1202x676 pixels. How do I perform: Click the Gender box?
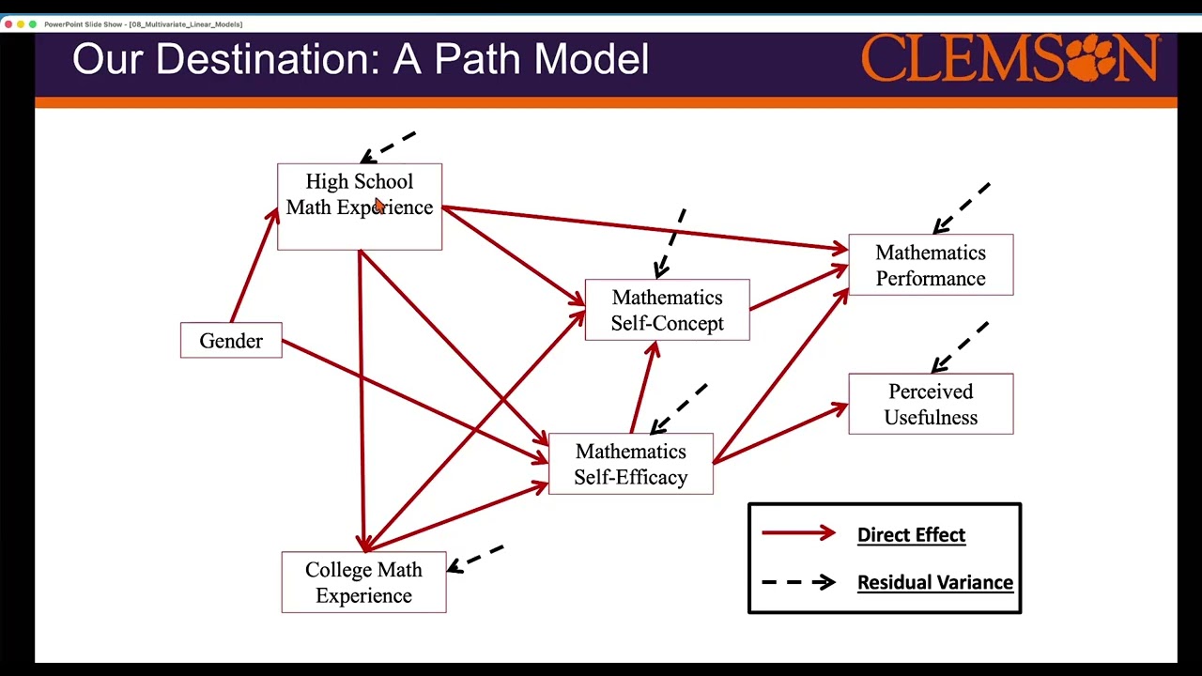[231, 341]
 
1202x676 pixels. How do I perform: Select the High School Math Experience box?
[360, 207]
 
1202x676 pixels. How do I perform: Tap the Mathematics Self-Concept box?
[667, 310]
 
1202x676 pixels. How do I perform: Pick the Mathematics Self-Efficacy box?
[630, 464]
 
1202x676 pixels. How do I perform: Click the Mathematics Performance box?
[931, 265]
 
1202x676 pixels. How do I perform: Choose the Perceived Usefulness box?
[931, 404]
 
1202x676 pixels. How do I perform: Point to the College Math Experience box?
[363, 582]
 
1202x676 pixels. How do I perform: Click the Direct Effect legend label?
[911, 534]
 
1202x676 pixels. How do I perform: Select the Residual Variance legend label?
[934, 582]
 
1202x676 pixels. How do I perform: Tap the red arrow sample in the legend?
[798, 533]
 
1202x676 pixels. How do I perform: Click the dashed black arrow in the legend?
[798, 582]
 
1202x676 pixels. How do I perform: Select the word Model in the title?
[592, 59]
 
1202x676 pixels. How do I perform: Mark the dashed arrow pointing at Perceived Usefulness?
[960, 346]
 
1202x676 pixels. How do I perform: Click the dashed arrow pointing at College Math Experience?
[476, 558]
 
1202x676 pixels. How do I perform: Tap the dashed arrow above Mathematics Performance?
[962, 207]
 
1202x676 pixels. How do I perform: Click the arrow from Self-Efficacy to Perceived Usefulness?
[779, 433]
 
